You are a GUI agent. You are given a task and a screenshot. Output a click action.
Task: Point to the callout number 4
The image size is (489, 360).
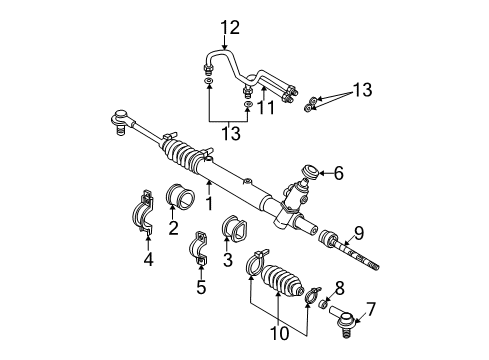pyautogui.click(x=149, y=263)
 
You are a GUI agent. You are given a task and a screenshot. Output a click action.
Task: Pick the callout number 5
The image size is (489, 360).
pyautogui.click(x=200, y=291)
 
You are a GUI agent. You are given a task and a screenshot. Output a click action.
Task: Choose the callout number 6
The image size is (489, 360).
pyautogui.click(x=337, y=172)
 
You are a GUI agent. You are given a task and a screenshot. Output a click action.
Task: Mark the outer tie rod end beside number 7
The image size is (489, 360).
pyautogui.click(x=343, y=320)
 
